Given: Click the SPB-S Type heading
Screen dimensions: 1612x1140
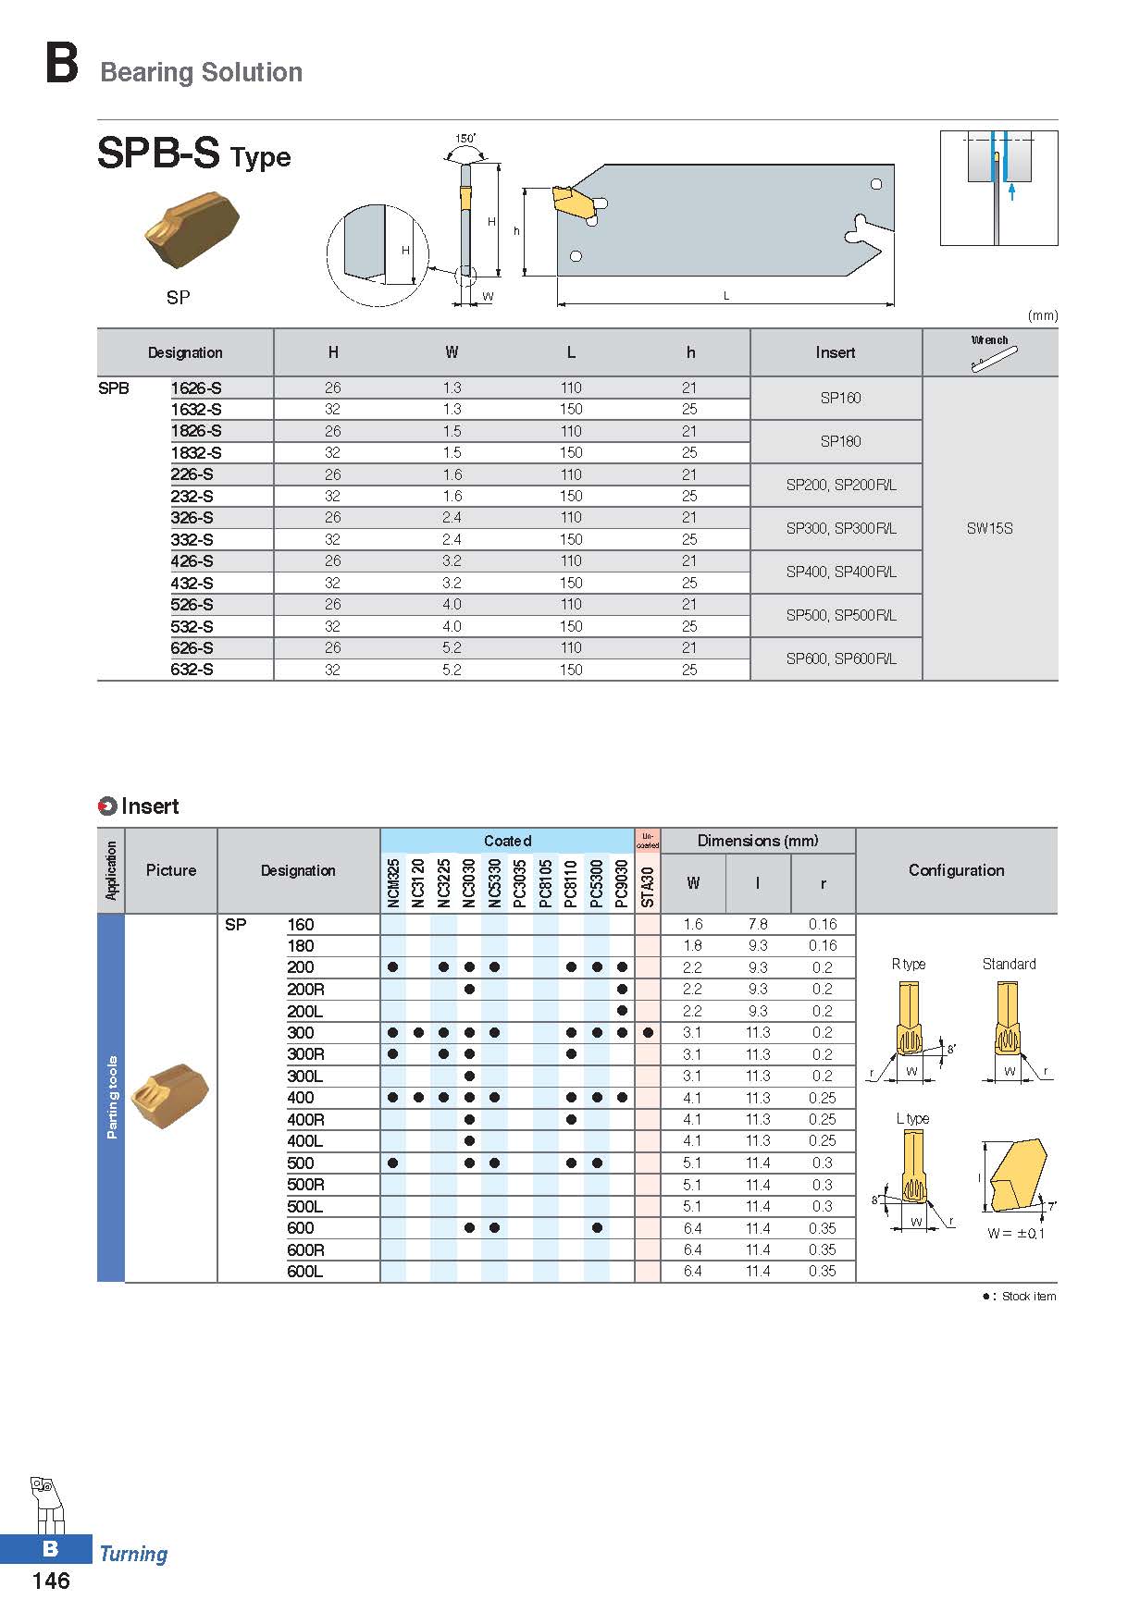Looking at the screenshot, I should [x=193, y=154].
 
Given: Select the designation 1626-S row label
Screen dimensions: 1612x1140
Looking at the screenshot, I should [x=196, y=388].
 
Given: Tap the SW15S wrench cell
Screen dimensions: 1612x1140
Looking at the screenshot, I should [x=989, y=528].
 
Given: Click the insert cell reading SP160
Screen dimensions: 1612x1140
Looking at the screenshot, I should [x=840, y=398].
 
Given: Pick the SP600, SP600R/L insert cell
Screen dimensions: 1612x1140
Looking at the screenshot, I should [x=840, y=658].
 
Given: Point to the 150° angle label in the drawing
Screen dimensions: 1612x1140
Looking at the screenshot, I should [x=465, y=139].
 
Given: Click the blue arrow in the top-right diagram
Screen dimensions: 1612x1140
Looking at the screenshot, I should [x=1012, y=191].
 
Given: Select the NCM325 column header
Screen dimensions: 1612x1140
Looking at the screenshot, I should [x=393, y=883].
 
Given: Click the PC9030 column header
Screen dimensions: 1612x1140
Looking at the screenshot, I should [x=622, y=883].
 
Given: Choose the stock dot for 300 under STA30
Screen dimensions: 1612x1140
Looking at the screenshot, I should [x=648, y=1032].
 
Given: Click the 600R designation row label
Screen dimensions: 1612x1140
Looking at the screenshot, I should [x=305, y=1249].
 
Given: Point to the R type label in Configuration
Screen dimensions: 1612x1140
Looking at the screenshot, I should [x=908, y=964].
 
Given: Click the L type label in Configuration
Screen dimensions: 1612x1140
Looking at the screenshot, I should [x=912, y=1118].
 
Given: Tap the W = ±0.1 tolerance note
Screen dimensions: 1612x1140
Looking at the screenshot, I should [x=1015, y=1233].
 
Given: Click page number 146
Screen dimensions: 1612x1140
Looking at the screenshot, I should [x=51, y=1581].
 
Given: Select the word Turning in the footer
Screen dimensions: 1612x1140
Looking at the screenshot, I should [x=133, y=1554].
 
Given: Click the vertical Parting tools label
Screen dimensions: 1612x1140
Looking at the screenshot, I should [x=112, y=1097].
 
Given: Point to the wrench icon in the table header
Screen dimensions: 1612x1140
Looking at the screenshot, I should [x=994, y=358].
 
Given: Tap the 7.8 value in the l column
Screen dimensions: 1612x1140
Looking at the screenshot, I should [x=757, y=924].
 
